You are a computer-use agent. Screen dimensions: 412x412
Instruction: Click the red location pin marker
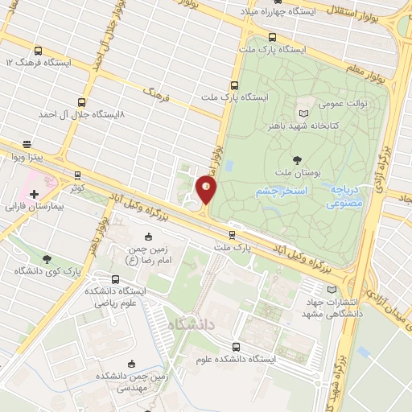coord(207,191)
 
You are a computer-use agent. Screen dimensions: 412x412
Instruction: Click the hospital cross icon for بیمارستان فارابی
coord(34,194)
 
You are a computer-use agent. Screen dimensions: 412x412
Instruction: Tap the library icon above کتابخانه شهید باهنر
coord(303,114)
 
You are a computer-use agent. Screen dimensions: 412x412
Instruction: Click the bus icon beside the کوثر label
coord(78,174)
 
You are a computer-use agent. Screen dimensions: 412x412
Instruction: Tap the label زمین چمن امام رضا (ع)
coord(147,254)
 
